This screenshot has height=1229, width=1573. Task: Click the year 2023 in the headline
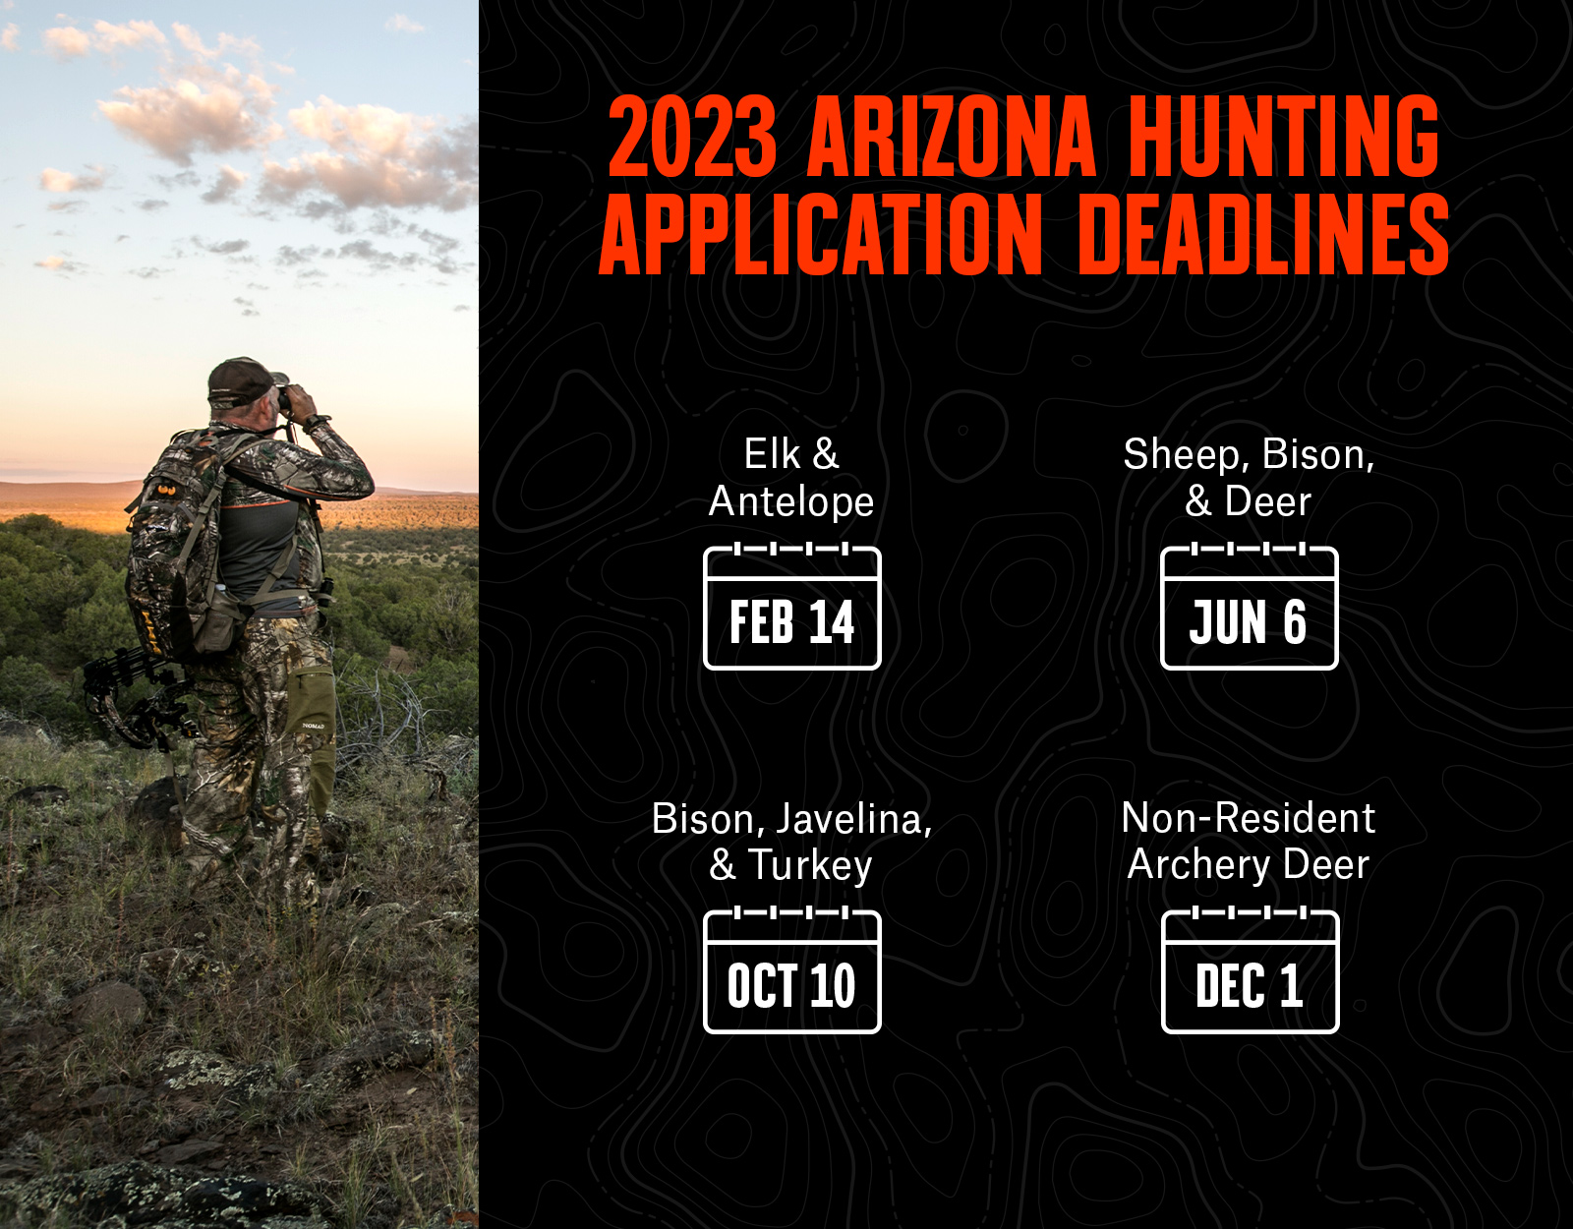(x=692, y=137)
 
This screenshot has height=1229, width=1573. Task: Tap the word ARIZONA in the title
(x=952, y=137)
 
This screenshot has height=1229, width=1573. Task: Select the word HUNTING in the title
(x=1284, y=137)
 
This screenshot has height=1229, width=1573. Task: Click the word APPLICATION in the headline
(x=821, y=235)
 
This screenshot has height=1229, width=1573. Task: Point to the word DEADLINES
(x=1263, y=235)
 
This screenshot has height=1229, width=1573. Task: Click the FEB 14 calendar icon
(x=792, y=608)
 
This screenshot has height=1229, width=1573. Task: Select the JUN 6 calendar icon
(x=1249, y=608)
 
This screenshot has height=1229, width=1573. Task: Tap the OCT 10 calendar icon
(x=792, y=971)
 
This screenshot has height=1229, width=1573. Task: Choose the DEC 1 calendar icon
(x=1250, y=971)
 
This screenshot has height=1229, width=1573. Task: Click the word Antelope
(x=791, y=502)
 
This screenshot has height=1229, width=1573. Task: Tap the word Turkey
(x=810, y=866)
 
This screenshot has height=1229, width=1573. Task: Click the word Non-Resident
(x=1248, y=819)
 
